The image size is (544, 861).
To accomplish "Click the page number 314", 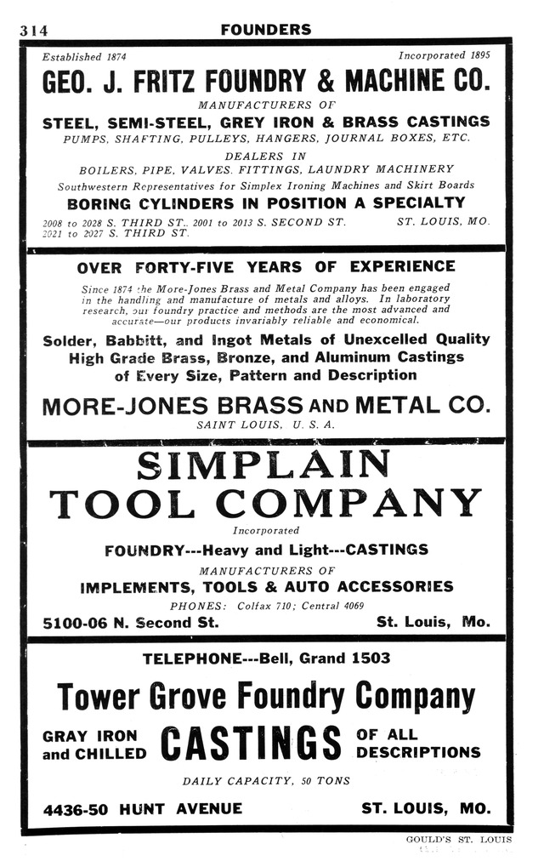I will (x=34, y=30).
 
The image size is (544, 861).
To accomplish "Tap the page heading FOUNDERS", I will (x=265, y=30).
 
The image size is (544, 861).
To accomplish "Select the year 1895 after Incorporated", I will (x=478, y=56).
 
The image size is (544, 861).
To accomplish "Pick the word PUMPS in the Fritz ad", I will (x=87, y=138).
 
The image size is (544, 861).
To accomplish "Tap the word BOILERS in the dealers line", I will (x=106, y=168).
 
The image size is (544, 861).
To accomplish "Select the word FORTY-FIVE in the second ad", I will (x=205, y=266).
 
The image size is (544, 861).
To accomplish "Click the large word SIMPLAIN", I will (x=263, y=466).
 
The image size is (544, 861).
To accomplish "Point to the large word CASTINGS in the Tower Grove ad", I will (x=251, y=743).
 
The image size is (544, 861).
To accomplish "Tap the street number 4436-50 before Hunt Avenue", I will (x=76, y=808).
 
